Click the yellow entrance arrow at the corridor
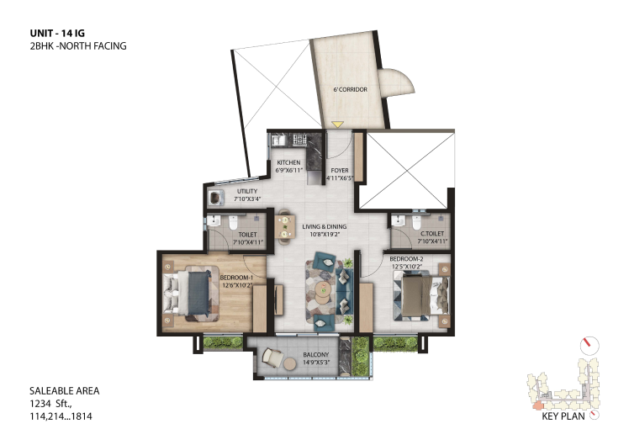coord(337,124)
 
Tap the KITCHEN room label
coord(288,162)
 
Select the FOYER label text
coord(340,171)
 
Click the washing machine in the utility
coord(215,198)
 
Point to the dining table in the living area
coord(285,227)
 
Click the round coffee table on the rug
coord(322,293)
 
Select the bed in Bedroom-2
coord(421,295)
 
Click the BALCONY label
coord(315,355)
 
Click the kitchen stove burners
coord(299,140)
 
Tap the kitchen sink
coord(278,140)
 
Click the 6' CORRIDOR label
coord(350,89)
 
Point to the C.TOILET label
coord(432,234)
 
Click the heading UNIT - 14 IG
coord(57,34)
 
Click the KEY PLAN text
coord(563,416)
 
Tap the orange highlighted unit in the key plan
coord(536,405)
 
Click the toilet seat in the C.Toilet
coord(416,223)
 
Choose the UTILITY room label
coord(247,192)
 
